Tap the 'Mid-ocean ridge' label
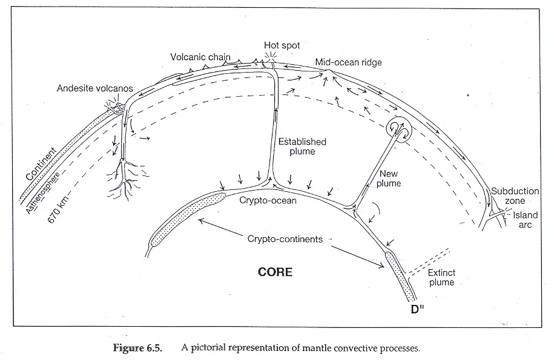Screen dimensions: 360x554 348,62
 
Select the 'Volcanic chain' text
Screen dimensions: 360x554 200,56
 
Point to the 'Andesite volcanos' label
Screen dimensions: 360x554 95,88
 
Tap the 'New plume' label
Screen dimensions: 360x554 389,178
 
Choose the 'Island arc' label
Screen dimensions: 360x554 526,220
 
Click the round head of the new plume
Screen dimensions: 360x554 397,128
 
